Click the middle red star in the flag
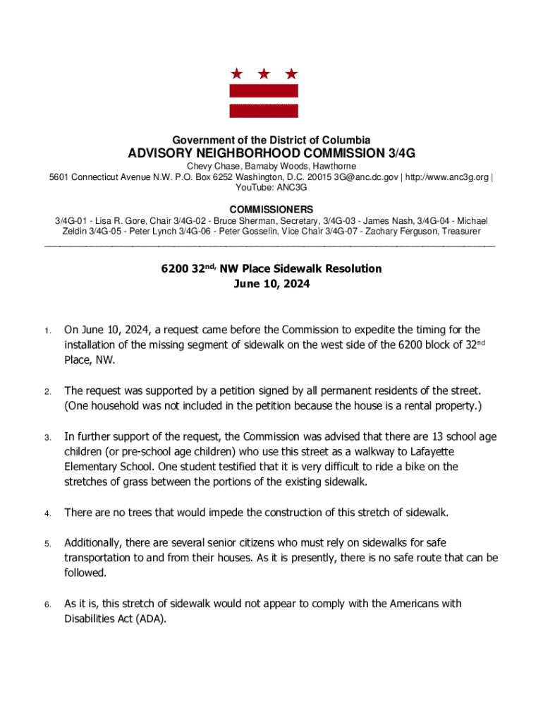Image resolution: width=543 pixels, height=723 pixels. [x=264, y=73]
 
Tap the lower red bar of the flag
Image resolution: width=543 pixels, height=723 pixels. [x=264, y=110]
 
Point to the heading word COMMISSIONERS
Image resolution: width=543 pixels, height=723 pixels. [x=271, y=210]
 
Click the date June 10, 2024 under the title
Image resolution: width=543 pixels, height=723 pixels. [x=271, y=284]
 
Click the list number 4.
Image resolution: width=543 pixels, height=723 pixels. [x=47, y=513]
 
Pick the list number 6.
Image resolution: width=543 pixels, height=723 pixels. [x=47, y=605]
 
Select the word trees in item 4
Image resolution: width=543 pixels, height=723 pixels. [x=137, y=513]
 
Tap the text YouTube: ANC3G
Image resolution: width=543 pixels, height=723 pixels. [x=271, y=188]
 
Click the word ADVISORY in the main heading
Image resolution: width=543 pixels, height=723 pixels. [x=164, y=153]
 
